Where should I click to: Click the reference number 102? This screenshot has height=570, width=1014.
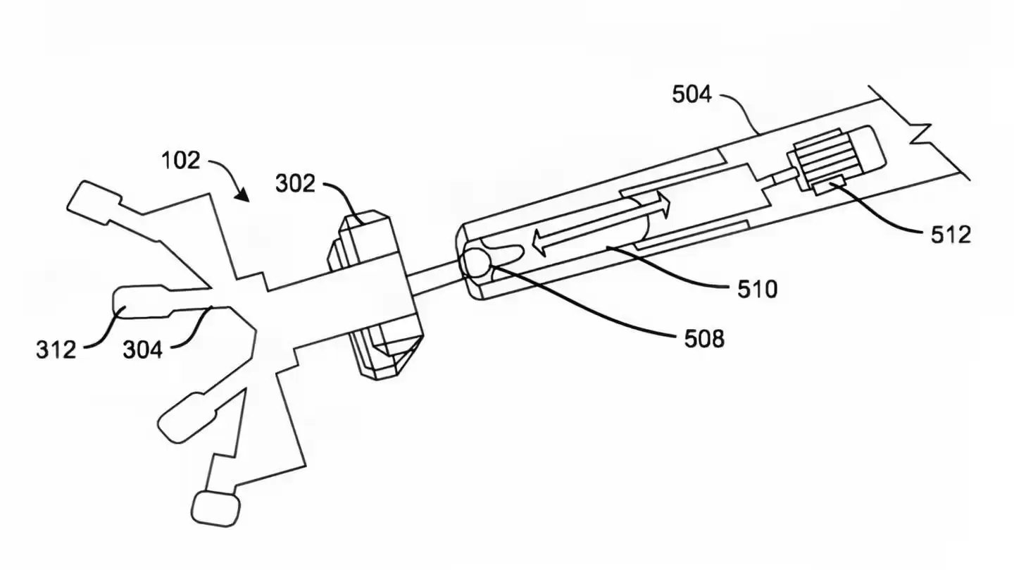click(x=182, y=161)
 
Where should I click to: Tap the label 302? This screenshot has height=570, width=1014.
click(x=296, y=185)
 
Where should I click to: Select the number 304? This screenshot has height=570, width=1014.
click(x=143, y=348)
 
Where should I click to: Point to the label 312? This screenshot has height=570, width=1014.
click(x=56, y=348)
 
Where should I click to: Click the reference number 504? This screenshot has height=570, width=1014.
click(x=691, y=94)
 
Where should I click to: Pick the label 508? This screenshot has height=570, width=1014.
click(x=704, y=340)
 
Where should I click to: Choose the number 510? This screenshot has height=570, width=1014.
click(x=758, y=289)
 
